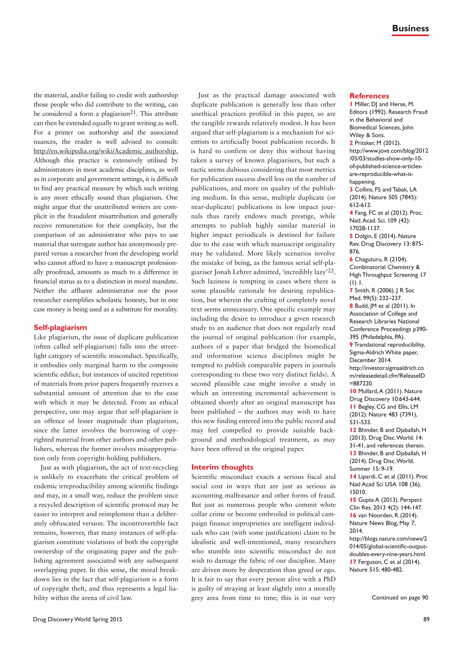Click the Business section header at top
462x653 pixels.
click(410, 28)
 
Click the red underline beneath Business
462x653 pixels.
click(410, 35)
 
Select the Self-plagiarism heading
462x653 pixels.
click(60, 327)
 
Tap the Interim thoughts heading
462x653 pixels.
click(222, 467)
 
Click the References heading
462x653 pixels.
click(369, 96)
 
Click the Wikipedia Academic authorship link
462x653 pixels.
click(106, 151)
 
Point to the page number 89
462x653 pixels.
click(426, 619)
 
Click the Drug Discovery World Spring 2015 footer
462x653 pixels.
click(78, 619)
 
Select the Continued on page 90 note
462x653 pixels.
click(400, 597)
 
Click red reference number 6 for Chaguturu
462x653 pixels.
click(351, 259)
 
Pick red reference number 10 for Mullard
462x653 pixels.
click(353, 391)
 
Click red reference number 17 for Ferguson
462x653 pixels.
click(353, 562)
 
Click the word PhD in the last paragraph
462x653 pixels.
click(329, 579)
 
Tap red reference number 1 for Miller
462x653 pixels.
click(351, 104)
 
